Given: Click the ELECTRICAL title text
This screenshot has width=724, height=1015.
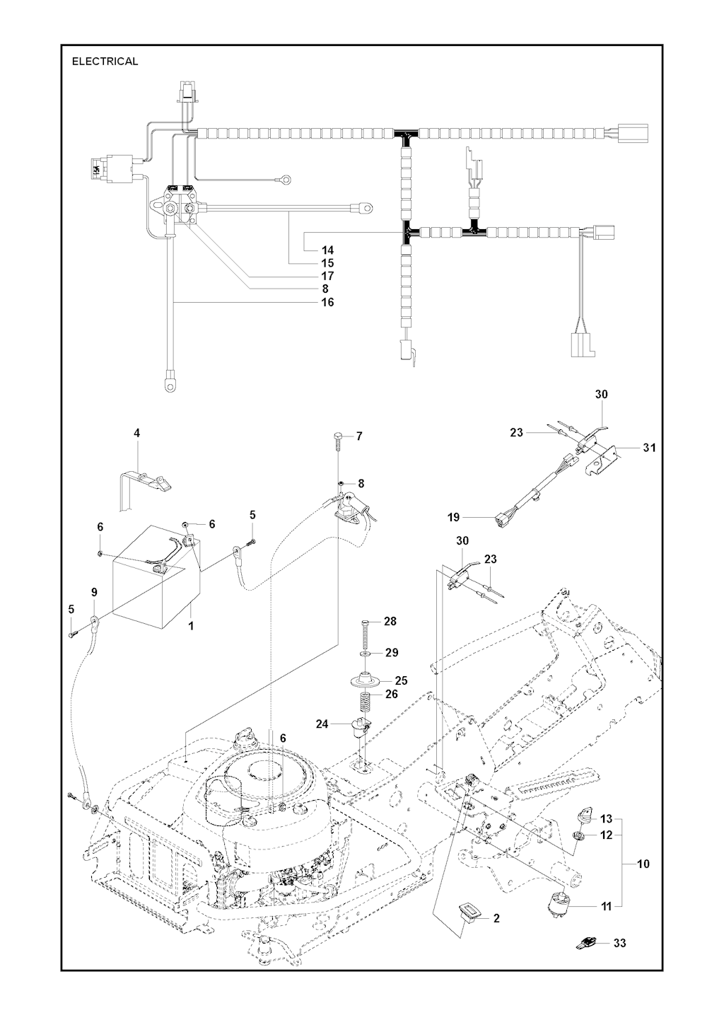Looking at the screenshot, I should click(x=105, y=62).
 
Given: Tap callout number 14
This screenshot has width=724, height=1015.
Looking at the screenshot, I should click(x=327, y=250).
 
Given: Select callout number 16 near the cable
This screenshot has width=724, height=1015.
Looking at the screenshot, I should click(x=327, y=302).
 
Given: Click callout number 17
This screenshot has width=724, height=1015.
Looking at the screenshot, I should click(x=327, y=276).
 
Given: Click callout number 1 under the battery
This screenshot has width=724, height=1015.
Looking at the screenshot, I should click(x=190, y=625).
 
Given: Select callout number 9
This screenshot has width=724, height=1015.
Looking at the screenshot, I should click(x=94, y=591).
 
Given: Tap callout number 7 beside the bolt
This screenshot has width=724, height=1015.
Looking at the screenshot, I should click(x=359, y=436).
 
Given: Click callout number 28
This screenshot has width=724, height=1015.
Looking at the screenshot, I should click(x=390, y=621).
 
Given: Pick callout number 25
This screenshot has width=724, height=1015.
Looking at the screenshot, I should click(x=402, y=680).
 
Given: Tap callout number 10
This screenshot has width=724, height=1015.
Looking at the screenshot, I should click(x=643, y=864).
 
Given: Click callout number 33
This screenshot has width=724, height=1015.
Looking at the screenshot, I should click(x=619, y=943).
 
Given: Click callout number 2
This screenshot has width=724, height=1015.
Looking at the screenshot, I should click(x=496, y=918).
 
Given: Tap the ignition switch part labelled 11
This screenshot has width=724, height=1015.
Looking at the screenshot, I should click(x=559, y=903).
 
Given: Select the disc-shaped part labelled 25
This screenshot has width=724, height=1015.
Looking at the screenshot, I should click(x=369, y=681).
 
